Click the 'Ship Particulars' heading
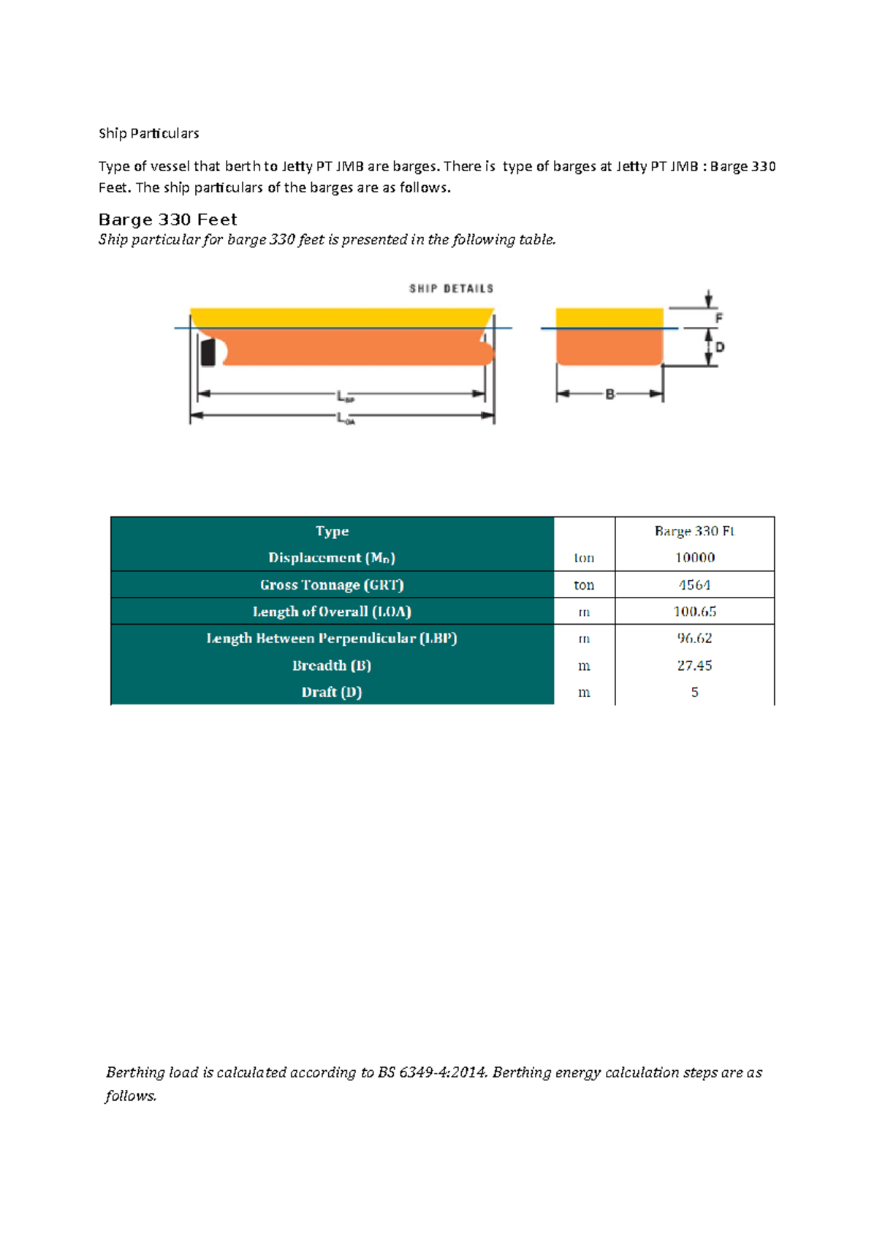pos(148,133)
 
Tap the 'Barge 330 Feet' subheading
pos(167,219)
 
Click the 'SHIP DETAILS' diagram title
pos(451,289)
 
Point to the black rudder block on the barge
pos(208,352)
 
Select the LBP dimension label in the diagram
pos(345,396)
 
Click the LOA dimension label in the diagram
pos(345,419)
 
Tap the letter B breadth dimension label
pos(610,394)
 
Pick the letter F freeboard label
pos(719,318)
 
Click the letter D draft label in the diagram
pos(720,347)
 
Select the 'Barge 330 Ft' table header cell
pos(694,531)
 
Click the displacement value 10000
pos(694,557)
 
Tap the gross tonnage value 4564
pos(694,584)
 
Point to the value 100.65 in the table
pos(694,611)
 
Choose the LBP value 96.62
pos(694,638)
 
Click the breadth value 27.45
pos(694,666)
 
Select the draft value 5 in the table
pos(694,692)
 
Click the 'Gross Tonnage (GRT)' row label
pos(332,584)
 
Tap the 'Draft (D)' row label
pos(332,692)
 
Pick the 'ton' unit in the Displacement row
pos(584,557)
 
